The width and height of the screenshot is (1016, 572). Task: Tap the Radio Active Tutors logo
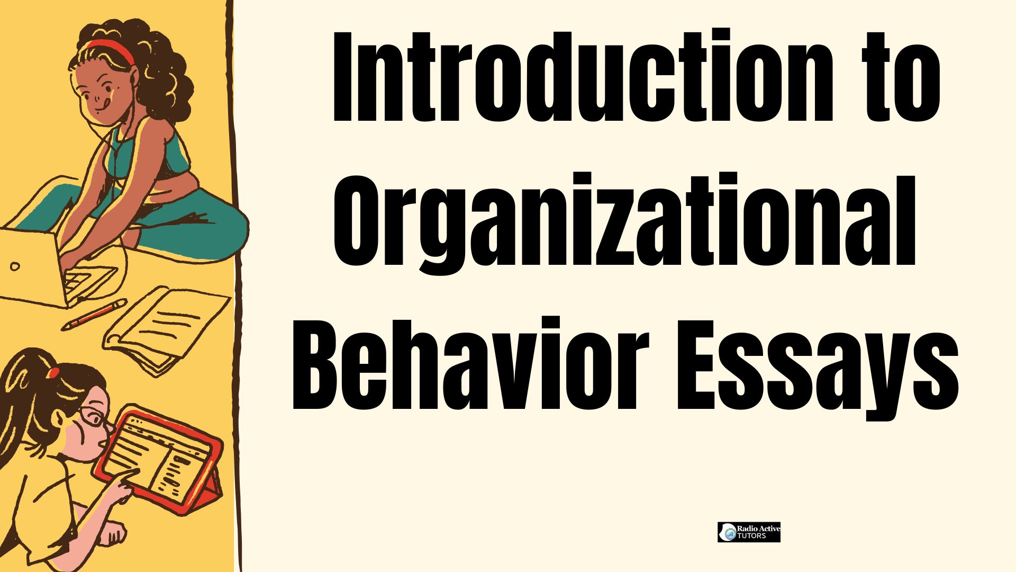pyautogui.click(x=749, y=532)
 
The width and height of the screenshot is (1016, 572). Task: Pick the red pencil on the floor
pyautogui.click(x=94, y=315)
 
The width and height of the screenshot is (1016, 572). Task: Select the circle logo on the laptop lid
pyautogui.click(x=15, y=266)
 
